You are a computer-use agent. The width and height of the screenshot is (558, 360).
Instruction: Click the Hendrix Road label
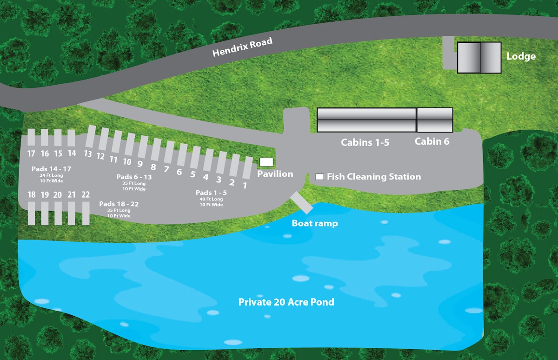pos(242,47)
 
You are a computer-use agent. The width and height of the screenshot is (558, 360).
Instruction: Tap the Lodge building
pos(479,58)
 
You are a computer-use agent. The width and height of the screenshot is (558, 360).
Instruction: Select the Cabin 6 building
pos(434,120)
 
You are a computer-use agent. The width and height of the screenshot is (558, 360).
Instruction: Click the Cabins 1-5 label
pos(365,142)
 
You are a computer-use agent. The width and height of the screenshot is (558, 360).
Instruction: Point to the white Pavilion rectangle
pos(266,162)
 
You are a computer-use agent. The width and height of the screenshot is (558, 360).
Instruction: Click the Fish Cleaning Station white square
pos(320,177)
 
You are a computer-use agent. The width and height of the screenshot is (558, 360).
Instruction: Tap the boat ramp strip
pos(301,202)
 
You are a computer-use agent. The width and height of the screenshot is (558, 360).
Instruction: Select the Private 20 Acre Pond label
pos(286,302)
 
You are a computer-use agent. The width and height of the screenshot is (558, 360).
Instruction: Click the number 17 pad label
pos(31,153)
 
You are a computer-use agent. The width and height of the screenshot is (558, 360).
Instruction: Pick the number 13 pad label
pos(87,154)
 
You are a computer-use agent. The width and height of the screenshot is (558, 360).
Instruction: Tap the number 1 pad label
pos(245,185)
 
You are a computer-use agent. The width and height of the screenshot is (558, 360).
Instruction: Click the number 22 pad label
pos(86,194)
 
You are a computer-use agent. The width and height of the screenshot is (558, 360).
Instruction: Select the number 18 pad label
pos(32,194)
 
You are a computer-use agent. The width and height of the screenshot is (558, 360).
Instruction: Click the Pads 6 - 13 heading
pos(134,177)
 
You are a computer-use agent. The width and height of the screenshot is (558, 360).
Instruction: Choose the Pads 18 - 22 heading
pos(119,204)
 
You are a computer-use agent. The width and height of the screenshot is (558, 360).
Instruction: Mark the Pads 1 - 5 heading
pos(211,193)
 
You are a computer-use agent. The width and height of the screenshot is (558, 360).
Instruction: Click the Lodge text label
pos(521,57)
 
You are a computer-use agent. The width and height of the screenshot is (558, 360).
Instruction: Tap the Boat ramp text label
pos(315,224)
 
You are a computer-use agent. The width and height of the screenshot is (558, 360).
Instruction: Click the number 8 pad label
pos(153,167)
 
